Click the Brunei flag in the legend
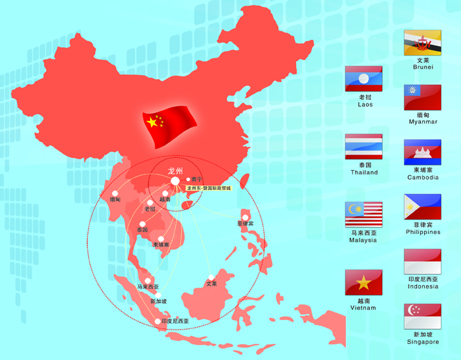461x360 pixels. click(x=422, y=42)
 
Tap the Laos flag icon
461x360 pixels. click(x=363, y=79)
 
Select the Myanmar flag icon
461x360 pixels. click(x=422, y=97)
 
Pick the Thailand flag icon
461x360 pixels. click(x=363, y=146)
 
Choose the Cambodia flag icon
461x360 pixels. click(x=422, y=152)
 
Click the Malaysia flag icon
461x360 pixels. click(x=363, y=215)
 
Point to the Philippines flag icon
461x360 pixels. click(x=422, y=207)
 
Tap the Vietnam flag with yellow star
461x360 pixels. click(x=363, y=282)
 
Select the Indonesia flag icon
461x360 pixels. click(x=422, y=262)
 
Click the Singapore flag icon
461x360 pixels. click(x=422, y=317)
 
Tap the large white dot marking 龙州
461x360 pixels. click(x=175, y=181)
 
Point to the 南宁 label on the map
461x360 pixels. click(x=197, y=179)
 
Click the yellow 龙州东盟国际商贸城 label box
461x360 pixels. click(x=208, y=188)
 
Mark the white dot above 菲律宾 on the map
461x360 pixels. click(x=245, y=217)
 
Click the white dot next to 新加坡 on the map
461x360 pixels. click(x=158, y=295)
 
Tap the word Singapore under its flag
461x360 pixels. click(x=423, y=342)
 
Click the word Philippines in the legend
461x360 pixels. click(x=423, y=232)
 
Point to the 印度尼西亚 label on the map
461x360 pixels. click(x=175, y=321)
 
